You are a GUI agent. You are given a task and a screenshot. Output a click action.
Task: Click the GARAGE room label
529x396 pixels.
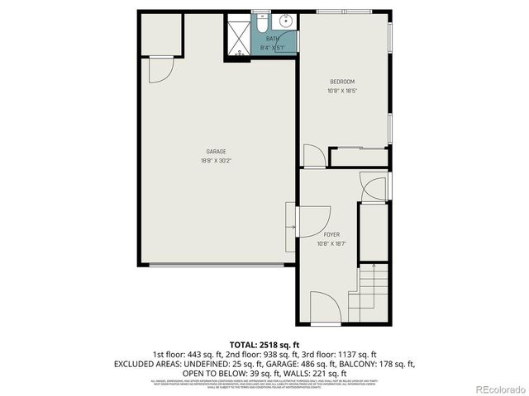tap(216, 151)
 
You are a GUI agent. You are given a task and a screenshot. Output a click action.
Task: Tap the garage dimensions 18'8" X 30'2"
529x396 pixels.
tap(216, 161)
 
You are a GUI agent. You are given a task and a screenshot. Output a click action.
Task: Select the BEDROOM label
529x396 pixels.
tap(342, 81)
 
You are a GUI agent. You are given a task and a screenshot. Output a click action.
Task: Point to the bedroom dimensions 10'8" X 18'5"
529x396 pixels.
tap(342, 91)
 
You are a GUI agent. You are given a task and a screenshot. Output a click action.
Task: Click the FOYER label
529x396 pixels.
tap(331, 234)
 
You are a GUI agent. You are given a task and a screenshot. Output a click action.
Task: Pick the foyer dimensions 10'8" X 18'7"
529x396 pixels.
tap(331, 244)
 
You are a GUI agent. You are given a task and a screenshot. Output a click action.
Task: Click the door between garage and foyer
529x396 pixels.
tap(291, 227)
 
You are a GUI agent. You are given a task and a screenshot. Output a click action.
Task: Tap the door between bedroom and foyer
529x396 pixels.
tap(314, 156)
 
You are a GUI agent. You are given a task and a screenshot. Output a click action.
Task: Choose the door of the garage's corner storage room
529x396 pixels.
tap(160, 72)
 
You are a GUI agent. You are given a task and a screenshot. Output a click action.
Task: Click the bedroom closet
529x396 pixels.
tap(359, 157)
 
